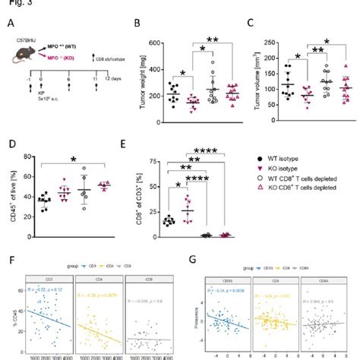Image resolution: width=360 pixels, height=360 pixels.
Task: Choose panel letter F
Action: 8,261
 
